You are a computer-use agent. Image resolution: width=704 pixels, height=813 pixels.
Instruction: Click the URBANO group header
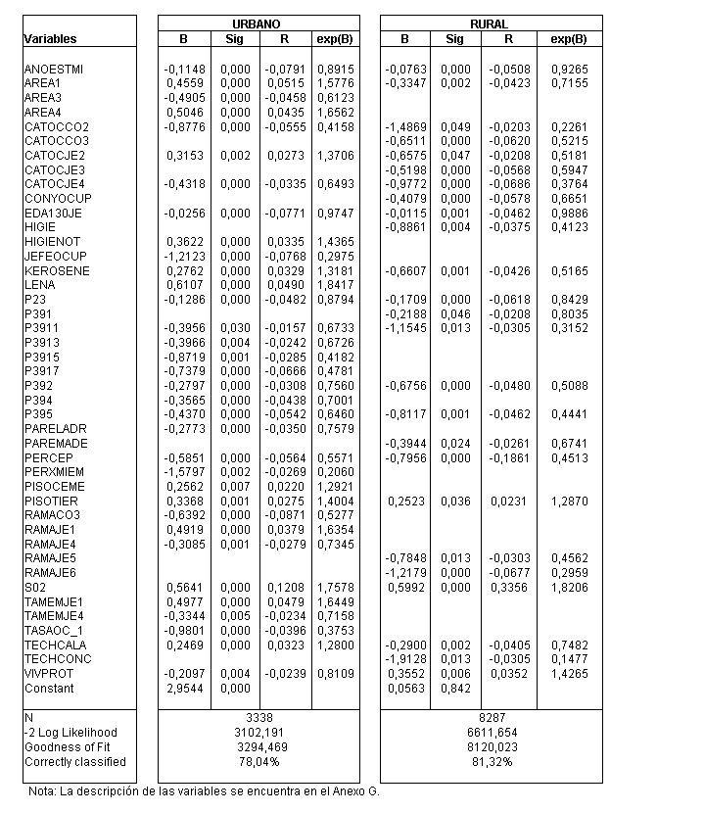(258, 24)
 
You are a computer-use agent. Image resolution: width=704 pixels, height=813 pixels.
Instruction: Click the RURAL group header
(490, 24)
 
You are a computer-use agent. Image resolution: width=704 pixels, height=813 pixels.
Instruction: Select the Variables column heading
(50, 39)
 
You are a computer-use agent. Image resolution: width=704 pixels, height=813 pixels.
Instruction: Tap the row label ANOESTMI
(54, 70)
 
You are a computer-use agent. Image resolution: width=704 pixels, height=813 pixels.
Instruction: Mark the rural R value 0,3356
(507, 588)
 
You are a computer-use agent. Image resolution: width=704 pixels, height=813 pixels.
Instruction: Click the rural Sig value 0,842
(454, 688)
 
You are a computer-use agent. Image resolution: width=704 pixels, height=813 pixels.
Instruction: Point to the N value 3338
(258, 718)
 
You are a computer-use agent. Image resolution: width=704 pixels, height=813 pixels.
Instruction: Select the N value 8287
(490, 718)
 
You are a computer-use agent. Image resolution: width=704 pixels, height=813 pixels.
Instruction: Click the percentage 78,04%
(258, 761)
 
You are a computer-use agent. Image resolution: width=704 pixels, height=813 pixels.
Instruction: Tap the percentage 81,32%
(490, 761)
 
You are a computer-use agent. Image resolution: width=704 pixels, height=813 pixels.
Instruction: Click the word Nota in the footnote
(40, 790)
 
